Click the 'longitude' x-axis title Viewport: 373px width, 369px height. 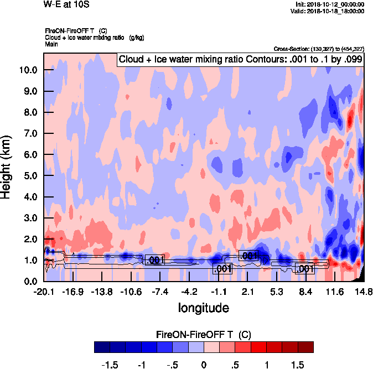[203, 306]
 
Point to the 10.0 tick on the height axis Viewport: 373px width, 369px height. [27, 70]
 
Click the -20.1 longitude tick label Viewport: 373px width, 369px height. [44, 292]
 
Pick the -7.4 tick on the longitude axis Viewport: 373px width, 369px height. [159, 292]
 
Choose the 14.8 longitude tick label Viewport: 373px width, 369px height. [364, 292]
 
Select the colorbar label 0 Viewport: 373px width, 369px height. [204, 366]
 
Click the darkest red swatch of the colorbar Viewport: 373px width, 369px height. [305, 347]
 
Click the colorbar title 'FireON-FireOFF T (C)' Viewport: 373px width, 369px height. [204, 334]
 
